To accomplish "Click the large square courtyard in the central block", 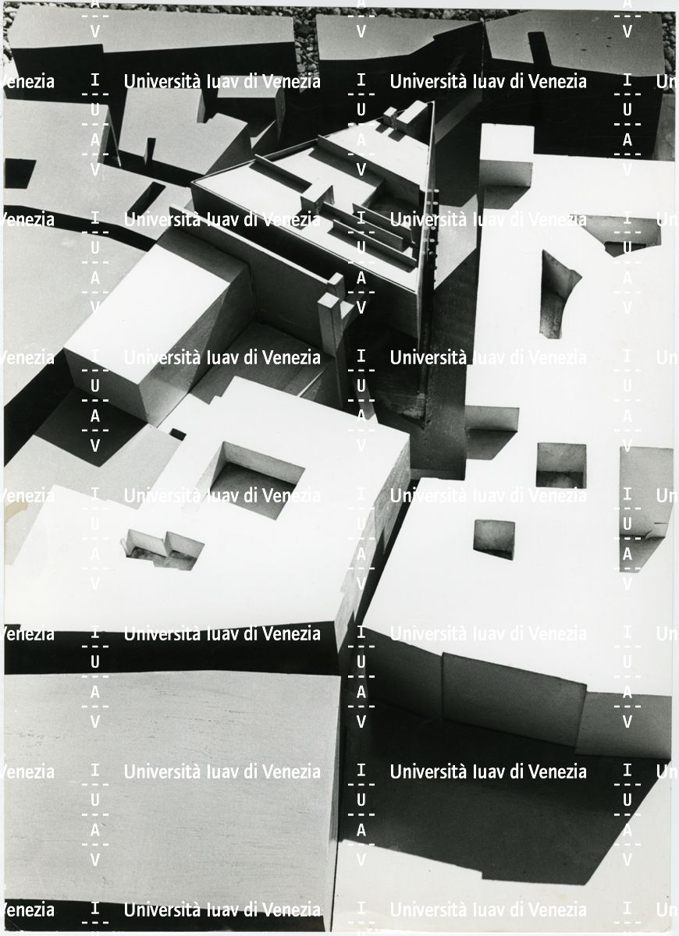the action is click(x=256, y=480).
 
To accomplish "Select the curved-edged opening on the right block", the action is click(x=558, y=295).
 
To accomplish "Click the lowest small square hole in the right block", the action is click(x=494, y=540).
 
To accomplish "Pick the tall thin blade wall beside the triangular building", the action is click(x=428, y=250).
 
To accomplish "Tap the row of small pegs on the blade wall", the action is click(x=435, y=225).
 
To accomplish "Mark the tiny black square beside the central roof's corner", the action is click(x=178, y=434).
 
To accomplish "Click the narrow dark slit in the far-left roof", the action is click(x=145, y=200).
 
